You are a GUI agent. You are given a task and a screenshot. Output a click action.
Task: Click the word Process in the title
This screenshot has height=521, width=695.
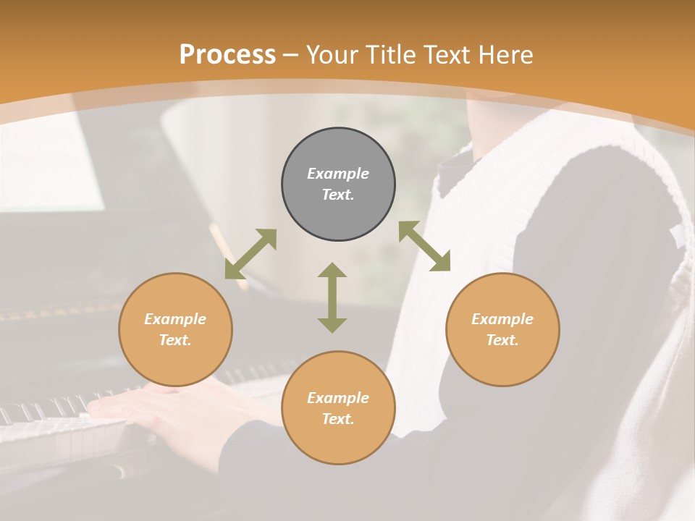click(x=227, y=55)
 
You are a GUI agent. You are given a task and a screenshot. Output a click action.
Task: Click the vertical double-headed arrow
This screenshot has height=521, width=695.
click(x=332, y=297)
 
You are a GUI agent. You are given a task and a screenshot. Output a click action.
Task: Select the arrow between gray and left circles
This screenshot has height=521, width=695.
click(x=250, y=254)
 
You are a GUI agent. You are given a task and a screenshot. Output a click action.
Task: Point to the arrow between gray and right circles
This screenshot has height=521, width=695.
click(x=424, y=246)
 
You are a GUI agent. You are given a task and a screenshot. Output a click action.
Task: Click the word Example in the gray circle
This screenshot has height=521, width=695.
click(x=338, y=174)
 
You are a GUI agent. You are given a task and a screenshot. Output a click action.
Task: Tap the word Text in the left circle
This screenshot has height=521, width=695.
click(x=175, y=340)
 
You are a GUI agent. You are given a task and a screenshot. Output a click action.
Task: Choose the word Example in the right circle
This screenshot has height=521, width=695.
click(x=502, y=319)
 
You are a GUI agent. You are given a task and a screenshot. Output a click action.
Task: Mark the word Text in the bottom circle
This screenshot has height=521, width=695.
click(x=338, y=419)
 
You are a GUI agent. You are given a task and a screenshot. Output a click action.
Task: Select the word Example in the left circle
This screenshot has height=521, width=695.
click(x=175, y=319)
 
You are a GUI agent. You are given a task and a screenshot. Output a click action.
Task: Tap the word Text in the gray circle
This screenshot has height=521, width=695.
click(x=338, y=195)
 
